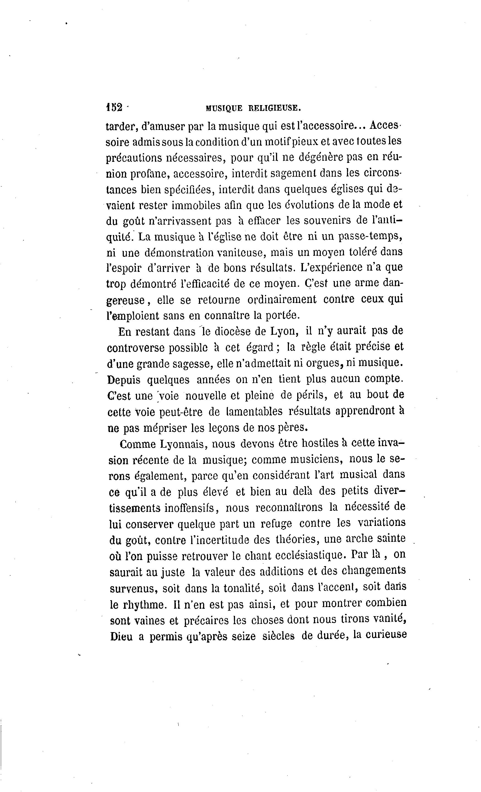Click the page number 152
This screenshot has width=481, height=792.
pyautogui.click(x=114, y=107)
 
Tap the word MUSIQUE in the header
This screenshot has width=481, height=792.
pyautogui.click(x=224, y=108)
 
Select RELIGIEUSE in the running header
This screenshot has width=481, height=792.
pyautogui.click(x=274, y=108)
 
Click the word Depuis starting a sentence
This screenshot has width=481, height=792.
pyautogui.click(x=124, y=379)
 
